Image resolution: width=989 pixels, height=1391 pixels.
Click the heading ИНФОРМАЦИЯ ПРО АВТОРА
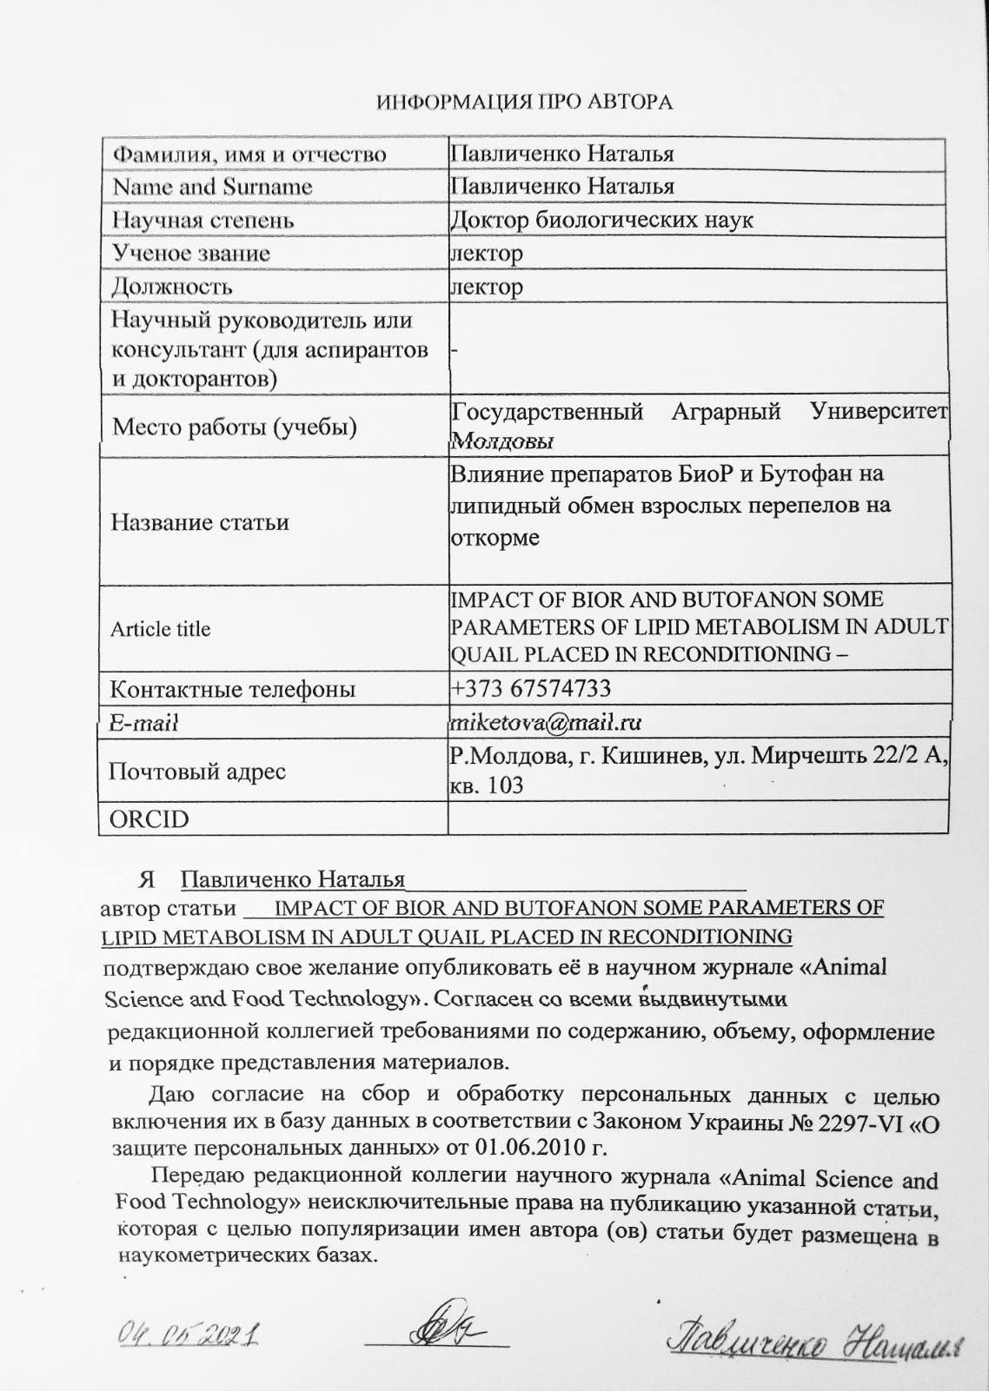pyautogui.click(x=524, y=103)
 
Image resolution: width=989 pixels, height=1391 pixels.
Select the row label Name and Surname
pyautogui.click(x=212, y=187)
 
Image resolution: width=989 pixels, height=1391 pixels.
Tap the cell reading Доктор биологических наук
pyautogui.click(x=601, y=220)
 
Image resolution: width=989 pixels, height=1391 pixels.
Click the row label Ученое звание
pyautogui.click(x=191, y=253)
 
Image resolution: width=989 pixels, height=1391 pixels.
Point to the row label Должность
pyautogui.click(x=172, y=286)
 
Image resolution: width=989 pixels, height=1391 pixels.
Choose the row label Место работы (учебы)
pyautogui.click(x=235, y=427)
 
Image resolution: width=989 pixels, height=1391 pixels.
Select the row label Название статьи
pyautogui.click(x=200, y=522)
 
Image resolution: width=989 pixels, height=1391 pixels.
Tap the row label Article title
pyautogui.click(x=161, y=629)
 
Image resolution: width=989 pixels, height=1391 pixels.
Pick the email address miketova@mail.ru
pyautogui.click(x=545, y=722)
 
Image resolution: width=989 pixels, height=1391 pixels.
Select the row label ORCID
pyautogui.click(x=149, y=819)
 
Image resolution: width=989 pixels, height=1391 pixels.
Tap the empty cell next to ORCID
pyautogui.click(x=697, y=818)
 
